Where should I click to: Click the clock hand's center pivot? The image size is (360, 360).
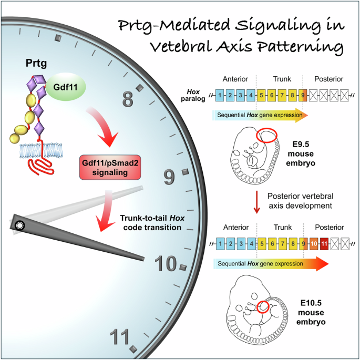coord(19,225)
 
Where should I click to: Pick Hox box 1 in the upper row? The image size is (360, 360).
coord(221,96)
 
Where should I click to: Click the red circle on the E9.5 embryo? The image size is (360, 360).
coord(266,135)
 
